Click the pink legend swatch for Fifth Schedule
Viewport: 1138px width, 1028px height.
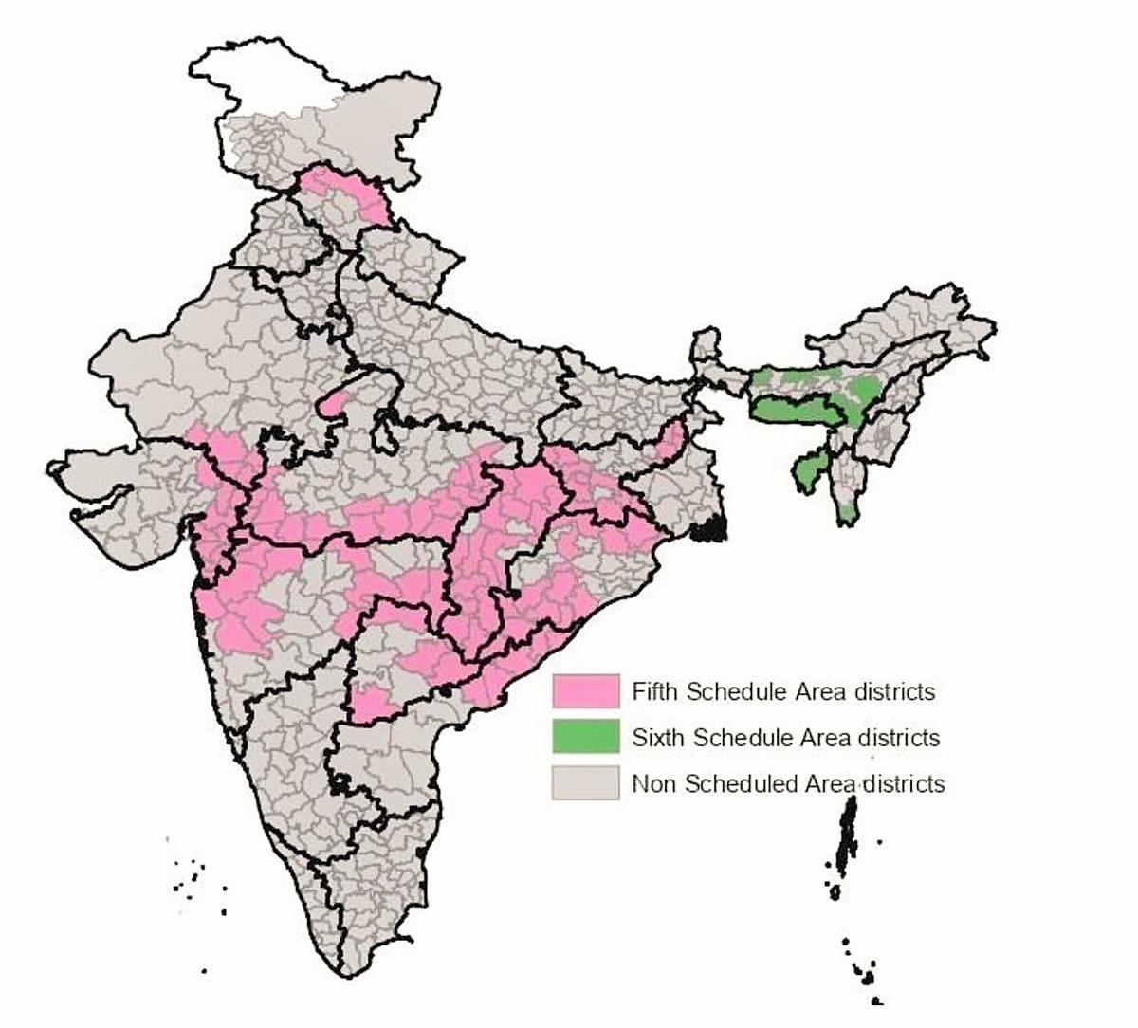[585, 691]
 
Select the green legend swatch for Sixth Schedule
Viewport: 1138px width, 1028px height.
[585, 737]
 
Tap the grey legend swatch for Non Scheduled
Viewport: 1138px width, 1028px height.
[585, 783]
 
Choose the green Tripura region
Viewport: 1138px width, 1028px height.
[809, 471]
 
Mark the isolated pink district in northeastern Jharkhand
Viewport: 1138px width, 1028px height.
[671, 441]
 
